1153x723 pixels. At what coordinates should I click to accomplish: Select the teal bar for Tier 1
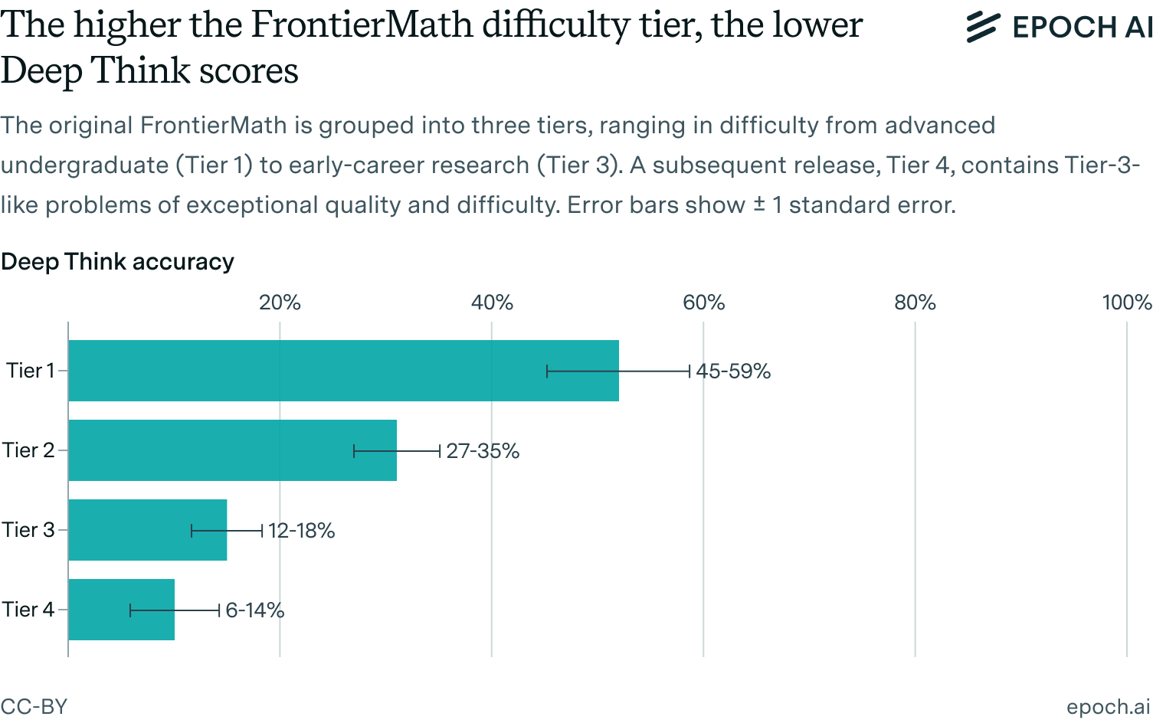pos(306,371)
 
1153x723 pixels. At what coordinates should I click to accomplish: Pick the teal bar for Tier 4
pos(100,610)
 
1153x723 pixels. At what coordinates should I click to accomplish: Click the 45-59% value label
pos(733,371)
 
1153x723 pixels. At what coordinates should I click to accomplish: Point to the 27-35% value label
pos(483,451)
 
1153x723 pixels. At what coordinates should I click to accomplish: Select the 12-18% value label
pos(301,531)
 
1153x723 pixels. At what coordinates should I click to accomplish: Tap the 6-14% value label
pos(254,610)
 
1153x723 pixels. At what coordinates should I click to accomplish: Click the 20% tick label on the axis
pos(280,303)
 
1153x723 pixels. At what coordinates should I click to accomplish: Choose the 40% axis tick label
pos(492,303)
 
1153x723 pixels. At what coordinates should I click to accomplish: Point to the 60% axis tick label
pos(703,303)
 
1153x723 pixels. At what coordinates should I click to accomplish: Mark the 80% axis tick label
pos(915,303)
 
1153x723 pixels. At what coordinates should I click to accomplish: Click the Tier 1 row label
pos(30,371)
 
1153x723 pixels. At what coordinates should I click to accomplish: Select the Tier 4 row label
pos(28,610)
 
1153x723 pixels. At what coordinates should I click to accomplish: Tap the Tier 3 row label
pos(28,530)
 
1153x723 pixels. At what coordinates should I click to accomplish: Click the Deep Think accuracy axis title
pos(117,262)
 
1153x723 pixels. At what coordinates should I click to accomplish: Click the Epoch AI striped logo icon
pos(982,27)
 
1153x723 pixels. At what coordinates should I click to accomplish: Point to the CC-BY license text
pos(34,706)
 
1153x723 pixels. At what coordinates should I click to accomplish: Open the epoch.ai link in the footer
pos(1108,706)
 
